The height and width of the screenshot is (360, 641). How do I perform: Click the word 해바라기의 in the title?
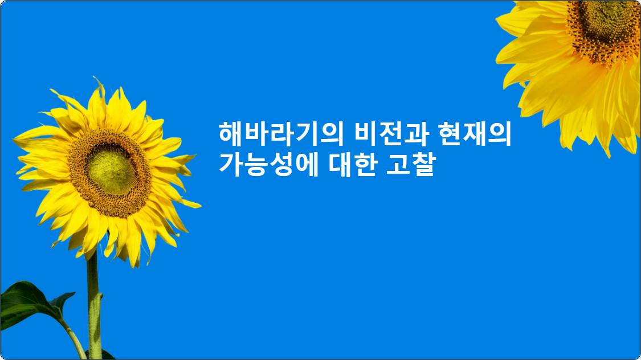tap(281, 134)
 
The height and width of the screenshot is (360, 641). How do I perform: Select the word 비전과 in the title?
tap(391, 134)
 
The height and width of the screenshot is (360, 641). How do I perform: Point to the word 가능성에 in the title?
tap(268, 164)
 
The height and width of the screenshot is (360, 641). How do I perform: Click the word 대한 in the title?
tap(352, 164)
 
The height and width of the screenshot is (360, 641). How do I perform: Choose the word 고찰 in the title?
tap(411, 164)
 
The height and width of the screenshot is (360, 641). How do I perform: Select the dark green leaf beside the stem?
tap(31, 303)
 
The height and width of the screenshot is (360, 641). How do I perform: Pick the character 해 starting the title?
tap(231, 134)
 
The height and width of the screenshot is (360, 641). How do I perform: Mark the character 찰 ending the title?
tap(423, 164)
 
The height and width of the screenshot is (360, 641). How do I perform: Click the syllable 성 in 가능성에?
tap(281, 164)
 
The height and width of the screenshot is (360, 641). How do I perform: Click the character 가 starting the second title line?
tap(231, 164)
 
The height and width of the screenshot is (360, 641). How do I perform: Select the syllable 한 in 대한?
tap(364, 164)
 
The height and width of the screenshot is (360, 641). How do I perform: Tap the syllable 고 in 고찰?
tap(398, 164)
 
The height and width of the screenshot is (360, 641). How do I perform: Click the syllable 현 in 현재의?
tap(450, 134)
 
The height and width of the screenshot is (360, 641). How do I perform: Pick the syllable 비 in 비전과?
tap(366, 134)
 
